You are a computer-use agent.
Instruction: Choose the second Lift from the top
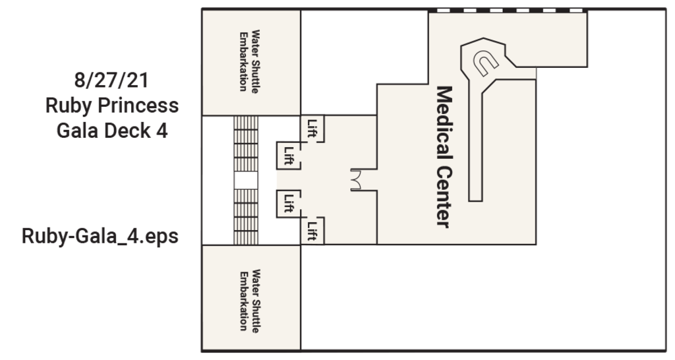pos(288,156)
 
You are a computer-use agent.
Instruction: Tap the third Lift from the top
pos(288,202)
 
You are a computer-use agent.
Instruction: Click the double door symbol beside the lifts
pos(355,179)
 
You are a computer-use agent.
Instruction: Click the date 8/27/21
pos(111,82)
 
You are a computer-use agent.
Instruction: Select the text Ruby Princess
pos(112,105)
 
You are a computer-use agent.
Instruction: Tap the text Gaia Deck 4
pos(112,130)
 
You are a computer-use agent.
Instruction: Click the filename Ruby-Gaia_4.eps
pos(100,236)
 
